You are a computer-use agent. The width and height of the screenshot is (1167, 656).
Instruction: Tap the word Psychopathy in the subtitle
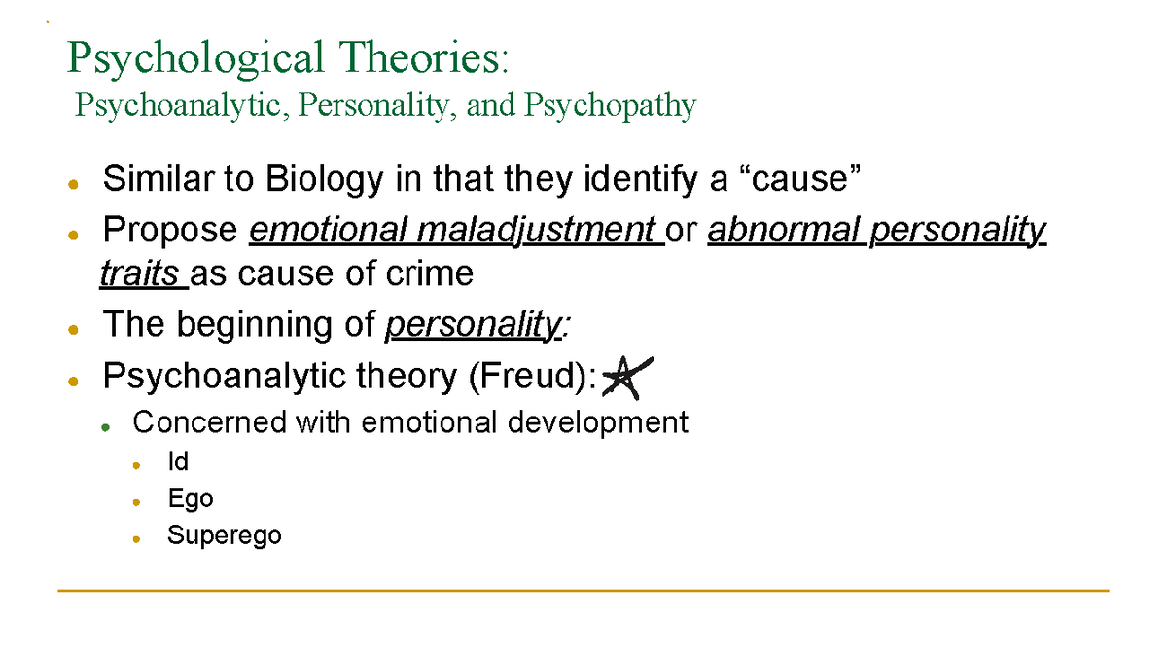(610, 105)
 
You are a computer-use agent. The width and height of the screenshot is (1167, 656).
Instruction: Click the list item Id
(177, 462)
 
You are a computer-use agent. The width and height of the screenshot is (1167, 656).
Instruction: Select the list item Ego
(190, 499)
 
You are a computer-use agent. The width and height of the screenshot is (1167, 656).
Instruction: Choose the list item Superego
(224, 535)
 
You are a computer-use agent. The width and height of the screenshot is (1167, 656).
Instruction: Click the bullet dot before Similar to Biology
(73, 183)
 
